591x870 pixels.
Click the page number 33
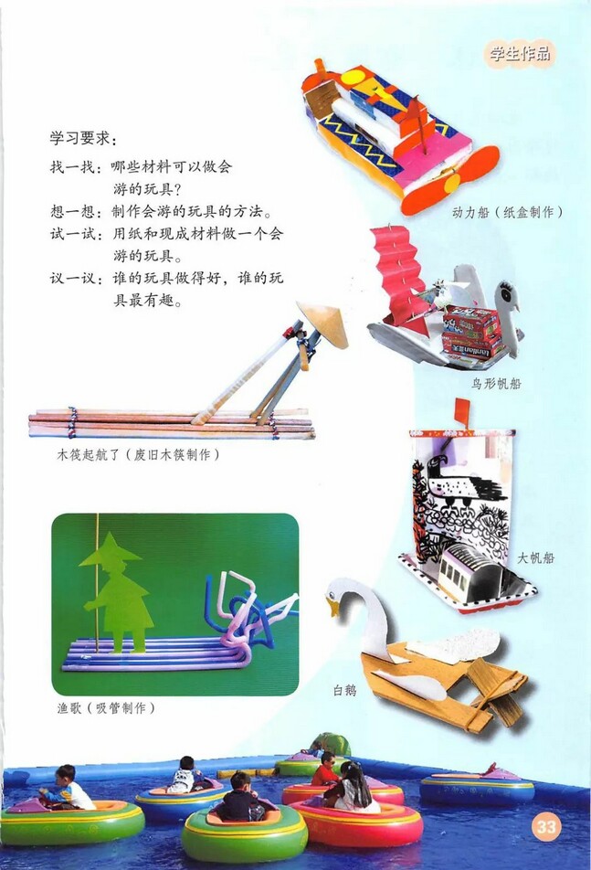[x=546, y=828]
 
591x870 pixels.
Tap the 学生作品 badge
[x=520, y=53]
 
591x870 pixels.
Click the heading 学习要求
[x=82, y=139]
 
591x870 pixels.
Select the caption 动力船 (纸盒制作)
[x=507, y=212]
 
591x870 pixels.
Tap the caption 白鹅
[x=344, y=691]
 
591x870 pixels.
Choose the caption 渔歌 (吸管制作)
[x=105, y=707]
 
